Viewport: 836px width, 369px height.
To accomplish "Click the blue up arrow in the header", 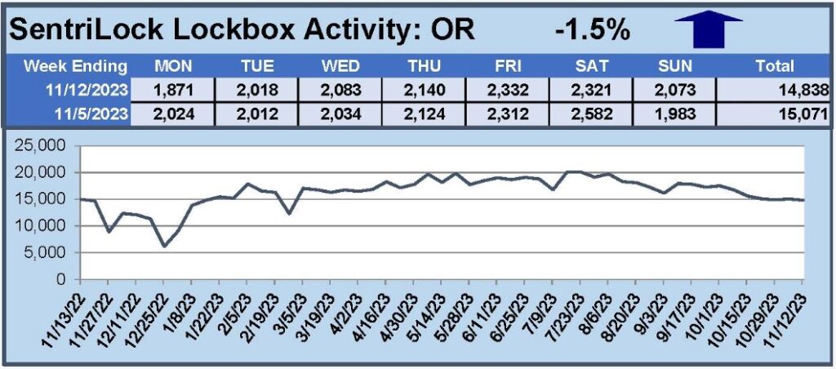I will click(x=708, y=29).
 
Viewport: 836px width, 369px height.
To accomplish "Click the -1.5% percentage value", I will click(x=592, y=30).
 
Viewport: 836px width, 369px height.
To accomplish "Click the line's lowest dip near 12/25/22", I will click(x=164, y=246).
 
